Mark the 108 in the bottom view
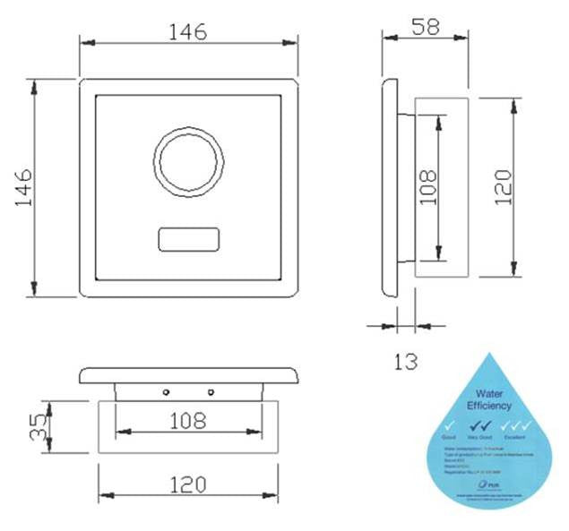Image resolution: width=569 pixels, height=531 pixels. coord(186,420)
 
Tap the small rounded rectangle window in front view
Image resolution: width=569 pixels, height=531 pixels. coord(187,240)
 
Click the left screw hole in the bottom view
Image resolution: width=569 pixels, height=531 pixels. coord(166,392)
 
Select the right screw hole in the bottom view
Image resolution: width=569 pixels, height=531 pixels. coord(211,392)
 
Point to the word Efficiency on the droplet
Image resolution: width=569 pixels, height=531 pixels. coord(490,406)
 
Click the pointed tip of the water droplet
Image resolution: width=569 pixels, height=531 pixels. coord(490,355)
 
